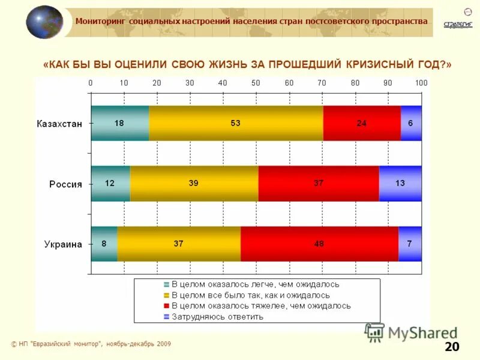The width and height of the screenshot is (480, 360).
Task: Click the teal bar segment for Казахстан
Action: coord(119,122)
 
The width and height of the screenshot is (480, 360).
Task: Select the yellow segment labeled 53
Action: coord(236,122)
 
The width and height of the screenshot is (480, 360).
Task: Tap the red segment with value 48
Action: coord(319,244)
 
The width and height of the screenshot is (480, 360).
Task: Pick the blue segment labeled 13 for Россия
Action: coord(400,183)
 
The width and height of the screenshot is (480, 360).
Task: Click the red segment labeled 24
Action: coord(362,122)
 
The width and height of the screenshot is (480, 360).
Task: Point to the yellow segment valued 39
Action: coord(194,183)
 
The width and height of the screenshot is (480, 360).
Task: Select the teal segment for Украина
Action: coord(104,244)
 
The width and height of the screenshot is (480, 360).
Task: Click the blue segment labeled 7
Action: coord(410,244)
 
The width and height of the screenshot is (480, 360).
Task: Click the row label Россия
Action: coord(65,184)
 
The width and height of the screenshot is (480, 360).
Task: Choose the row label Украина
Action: coord(62,244)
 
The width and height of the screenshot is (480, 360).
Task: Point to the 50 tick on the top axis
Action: coord(256,82)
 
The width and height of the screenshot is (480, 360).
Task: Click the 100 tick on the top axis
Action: coord(421,82)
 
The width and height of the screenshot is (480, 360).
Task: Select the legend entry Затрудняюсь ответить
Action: coord(217,316)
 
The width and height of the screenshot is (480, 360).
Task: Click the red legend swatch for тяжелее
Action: coord(167,306)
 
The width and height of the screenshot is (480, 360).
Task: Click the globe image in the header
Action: coord(44,22)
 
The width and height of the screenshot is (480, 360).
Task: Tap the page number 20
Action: coord(451,347)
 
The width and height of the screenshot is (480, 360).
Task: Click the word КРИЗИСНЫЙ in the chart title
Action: coord(383,64)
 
